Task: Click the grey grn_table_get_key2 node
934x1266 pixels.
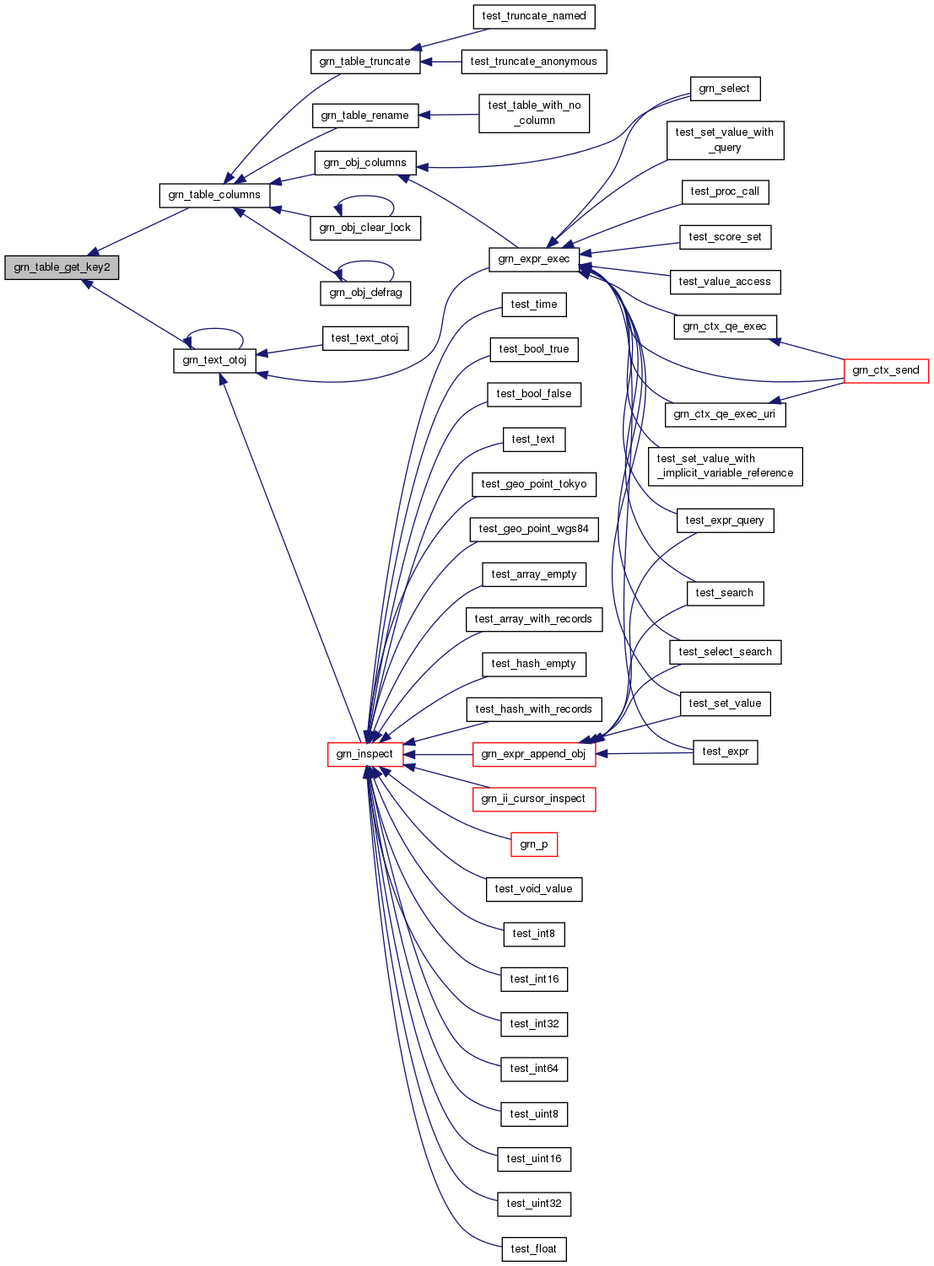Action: pyautogui.click(x=62, y=267)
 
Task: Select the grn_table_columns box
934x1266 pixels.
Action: pyautogui.click(x=214, y=195)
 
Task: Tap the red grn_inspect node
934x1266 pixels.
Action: pyautogui.click(x=364, y=754)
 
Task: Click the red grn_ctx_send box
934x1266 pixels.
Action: pyautogui.click(x=885, y=370)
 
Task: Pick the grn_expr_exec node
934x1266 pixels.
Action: pyautogui.click(x=533, y=259)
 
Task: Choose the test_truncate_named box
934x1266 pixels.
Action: pyautogui.click(x=533, y=16)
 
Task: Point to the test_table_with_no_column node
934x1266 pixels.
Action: pyautogui.click(x=533, y=113)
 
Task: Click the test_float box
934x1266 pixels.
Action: pyautogui.click(x=533, y=1249)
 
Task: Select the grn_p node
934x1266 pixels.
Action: pyautogui.click(x=533, y=844)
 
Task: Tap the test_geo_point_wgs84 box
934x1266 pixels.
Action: pyautogui.click(x=533, y=529)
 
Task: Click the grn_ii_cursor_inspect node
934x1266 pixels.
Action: pyautogui.click(x=533, y=799)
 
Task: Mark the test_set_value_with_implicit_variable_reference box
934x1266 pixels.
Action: pyautogui.click(x=725, y=466)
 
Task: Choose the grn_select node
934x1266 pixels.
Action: pyautogui.click(x=724, y=89)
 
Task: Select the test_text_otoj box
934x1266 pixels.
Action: pyautogui.click(x=364, y=338)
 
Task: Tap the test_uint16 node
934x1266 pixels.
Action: pyautogui.click(x=533, y=1159)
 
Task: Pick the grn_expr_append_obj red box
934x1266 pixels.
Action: pyautogui.click(x=533, y=754)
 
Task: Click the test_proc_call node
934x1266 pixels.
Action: pyautogui.click(x=724, y=191)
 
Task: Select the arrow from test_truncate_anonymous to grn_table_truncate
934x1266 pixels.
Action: pyautogui.click(x=440, y=62)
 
